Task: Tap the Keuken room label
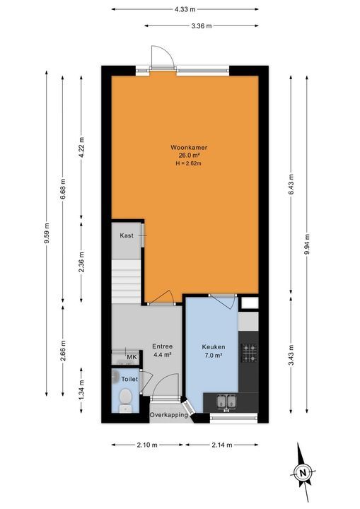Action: [213, 347]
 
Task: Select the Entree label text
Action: [163, 346]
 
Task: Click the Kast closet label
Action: [127, 235]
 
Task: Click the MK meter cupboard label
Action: [131, 358]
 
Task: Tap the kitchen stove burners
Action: [249, 351]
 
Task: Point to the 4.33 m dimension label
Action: [185, 9]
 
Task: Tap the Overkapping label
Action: [168, 415]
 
